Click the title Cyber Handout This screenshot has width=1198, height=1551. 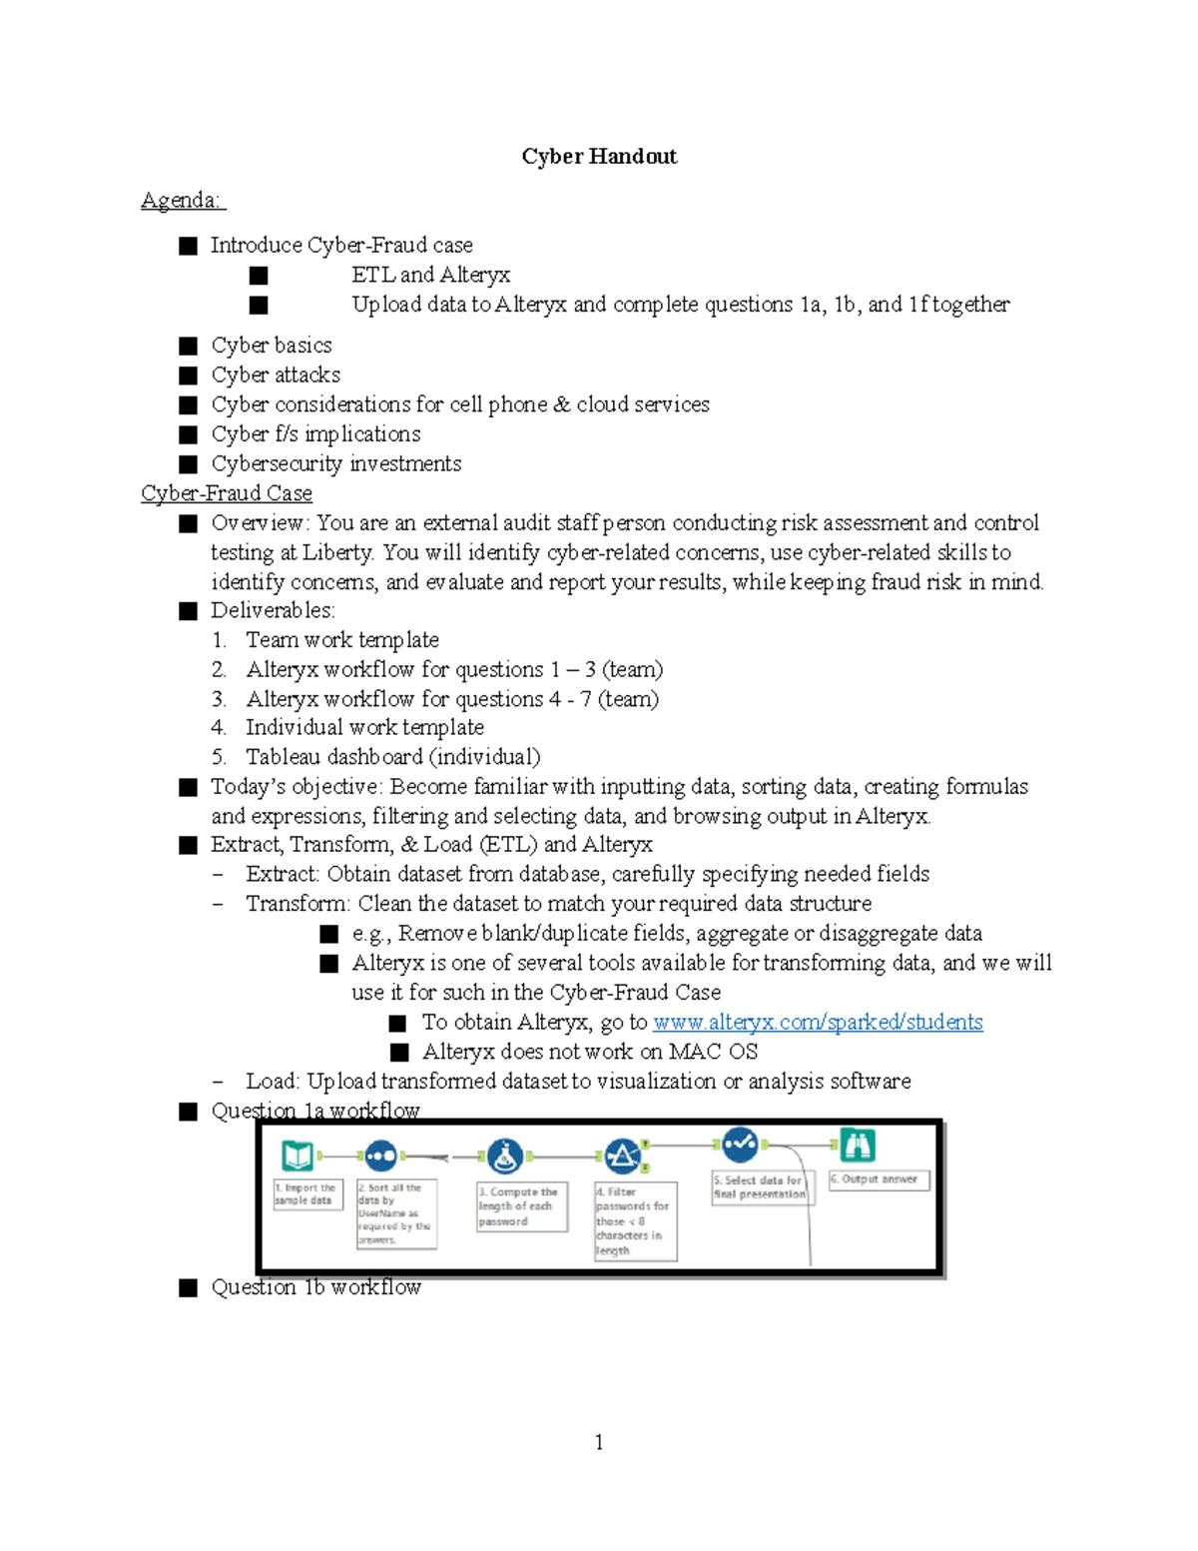pos(599,156)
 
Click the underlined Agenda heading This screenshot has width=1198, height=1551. pos(182,201)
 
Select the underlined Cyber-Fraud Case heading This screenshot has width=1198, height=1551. pos(227,493)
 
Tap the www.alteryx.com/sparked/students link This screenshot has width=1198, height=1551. pos(818,1022)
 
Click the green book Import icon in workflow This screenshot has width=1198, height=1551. pos(298,1156)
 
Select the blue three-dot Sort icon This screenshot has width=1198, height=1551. pos(380,1157)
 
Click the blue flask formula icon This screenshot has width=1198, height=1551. pos(505,1157)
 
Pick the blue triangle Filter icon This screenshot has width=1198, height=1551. pos(622,1157)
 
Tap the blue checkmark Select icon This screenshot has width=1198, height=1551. pos(740,1144)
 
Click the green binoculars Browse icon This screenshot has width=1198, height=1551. pos(857,1145)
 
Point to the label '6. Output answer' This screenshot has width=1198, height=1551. pos(879,1179)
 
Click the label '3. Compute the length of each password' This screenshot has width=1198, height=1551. pos(521,1206)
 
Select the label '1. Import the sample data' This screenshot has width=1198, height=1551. pos(307,1194)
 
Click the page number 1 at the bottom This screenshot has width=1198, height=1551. pos(599,1442)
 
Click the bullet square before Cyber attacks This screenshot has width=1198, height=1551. pos(188,376)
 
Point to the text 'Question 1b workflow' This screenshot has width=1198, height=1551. pos(315,1287)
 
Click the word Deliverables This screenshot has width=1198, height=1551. pos(272,610)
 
